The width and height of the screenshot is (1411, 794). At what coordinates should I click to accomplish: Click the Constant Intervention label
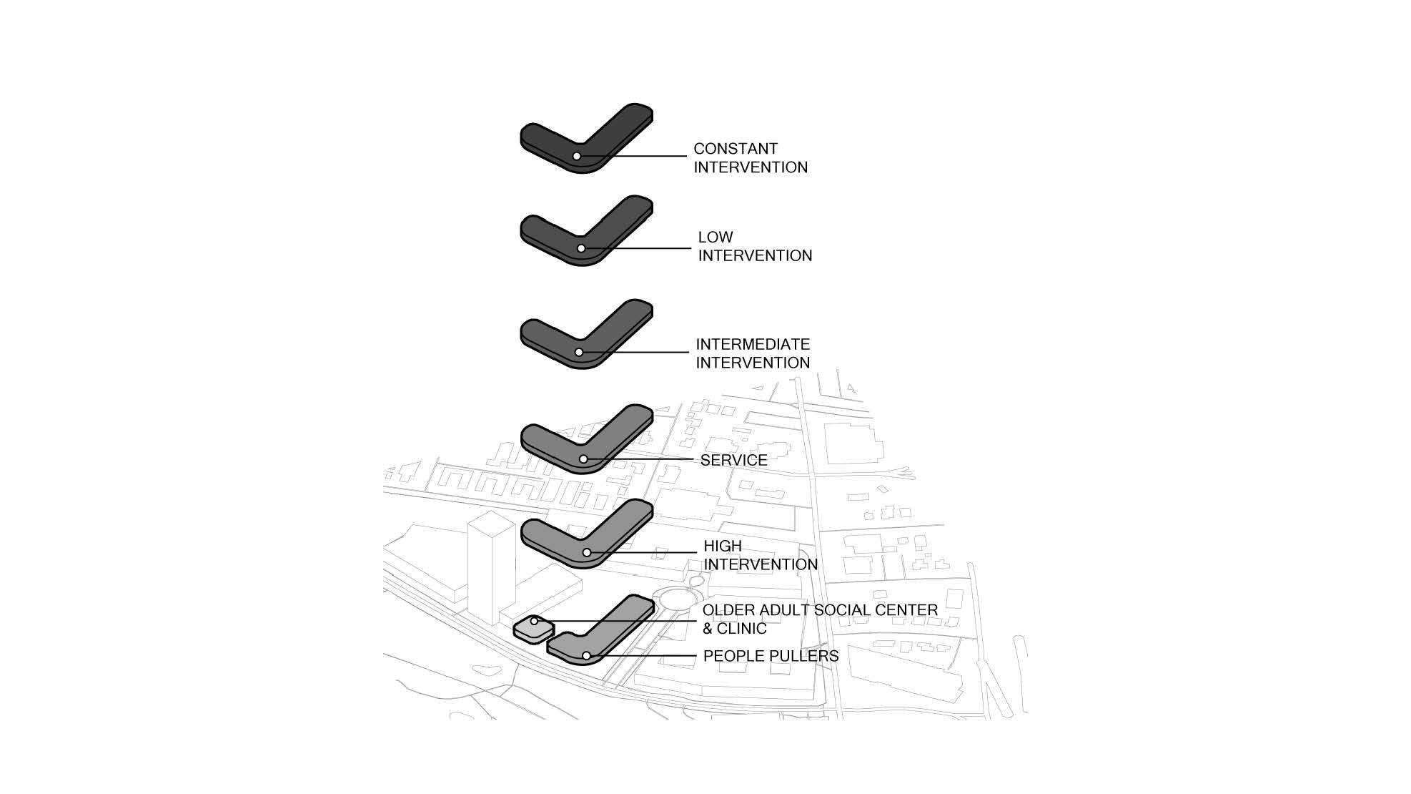point(751,158)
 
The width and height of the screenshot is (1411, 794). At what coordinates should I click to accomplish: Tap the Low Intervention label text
point(755,247)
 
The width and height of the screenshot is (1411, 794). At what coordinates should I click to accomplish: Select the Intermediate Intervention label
point(753,353)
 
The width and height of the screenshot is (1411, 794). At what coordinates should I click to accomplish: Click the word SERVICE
point(733,460)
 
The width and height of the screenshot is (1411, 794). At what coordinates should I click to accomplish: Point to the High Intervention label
point(761,555)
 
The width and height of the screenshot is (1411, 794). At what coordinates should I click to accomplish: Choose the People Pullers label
point(771,656)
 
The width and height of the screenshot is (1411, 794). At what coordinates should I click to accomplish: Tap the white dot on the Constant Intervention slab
point(576,156)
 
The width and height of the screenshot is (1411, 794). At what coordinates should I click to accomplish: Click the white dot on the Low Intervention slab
point(581,248)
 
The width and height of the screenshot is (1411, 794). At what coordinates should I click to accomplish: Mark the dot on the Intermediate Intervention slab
point(578,352)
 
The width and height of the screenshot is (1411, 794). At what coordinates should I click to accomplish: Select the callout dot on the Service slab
point(583,459)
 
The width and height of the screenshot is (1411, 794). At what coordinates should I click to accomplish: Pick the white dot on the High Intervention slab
point(586,552)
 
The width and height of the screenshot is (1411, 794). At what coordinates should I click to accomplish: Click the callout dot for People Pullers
point(586,656)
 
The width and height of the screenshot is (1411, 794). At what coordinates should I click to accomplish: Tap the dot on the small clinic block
point(533,621)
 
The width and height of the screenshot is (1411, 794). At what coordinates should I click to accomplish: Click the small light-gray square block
point(534,629)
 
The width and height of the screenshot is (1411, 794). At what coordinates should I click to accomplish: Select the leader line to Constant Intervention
point(633,156)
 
